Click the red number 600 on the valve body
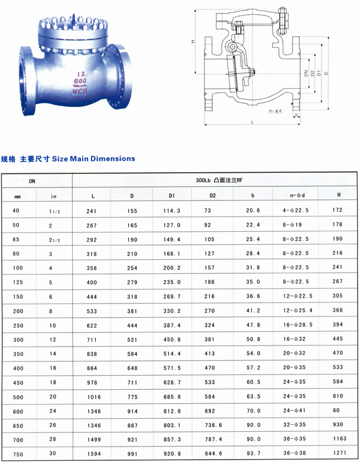[x=80, y=81]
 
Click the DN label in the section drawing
[x=306, y=74]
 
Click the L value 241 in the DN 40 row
[x=91, y=211]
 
